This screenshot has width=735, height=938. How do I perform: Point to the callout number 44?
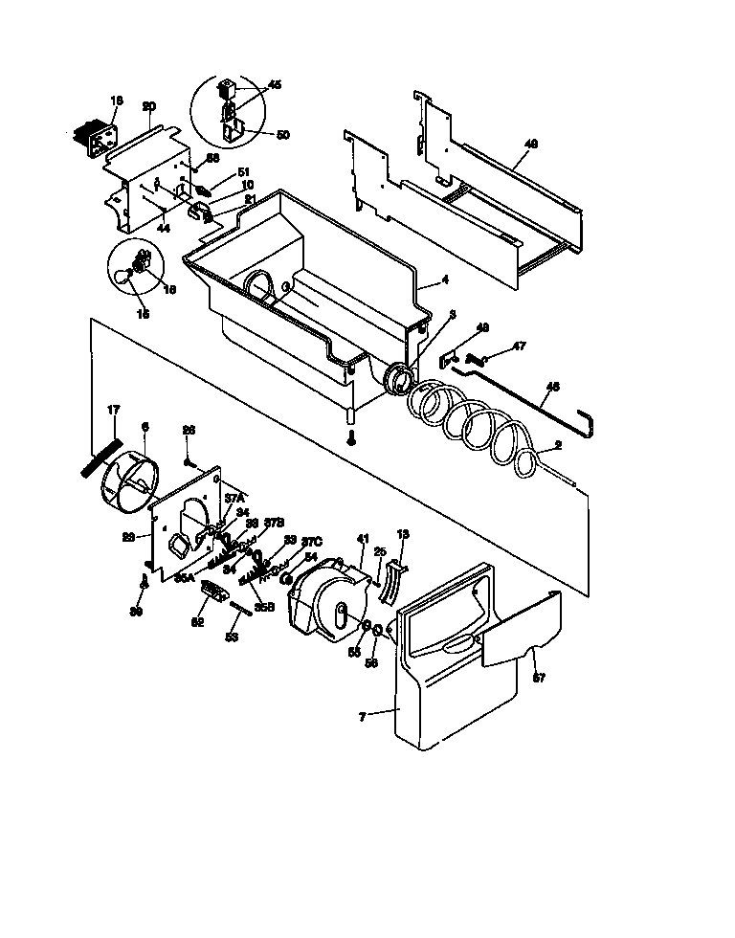coord(164,229)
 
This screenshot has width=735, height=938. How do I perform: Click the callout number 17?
coord(113,411)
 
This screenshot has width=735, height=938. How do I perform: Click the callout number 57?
coord(538,678)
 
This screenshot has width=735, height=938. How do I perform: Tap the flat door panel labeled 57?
coord(517,632)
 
